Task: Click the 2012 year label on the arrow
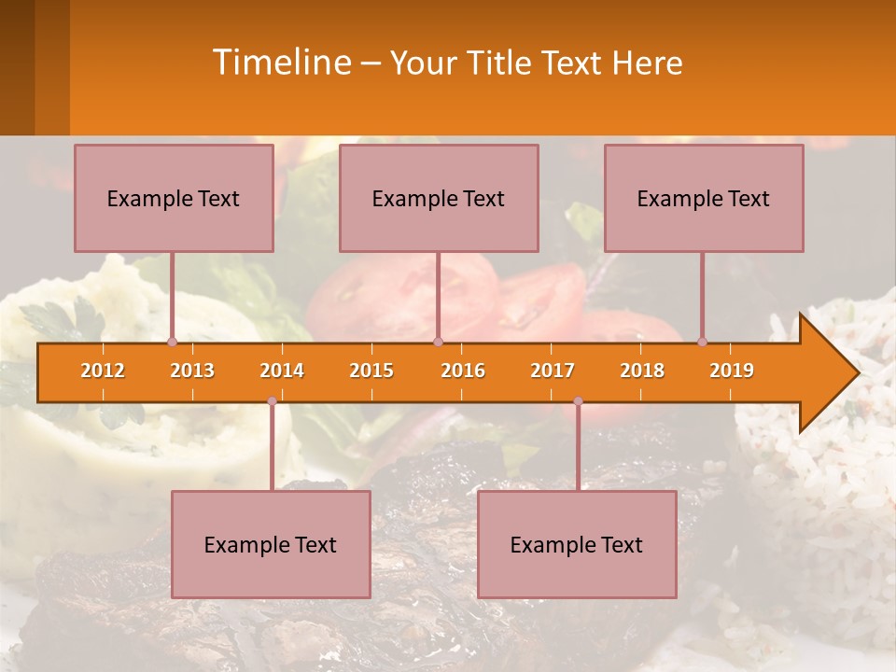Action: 103,371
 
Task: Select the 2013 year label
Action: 192,371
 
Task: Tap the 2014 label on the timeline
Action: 282,371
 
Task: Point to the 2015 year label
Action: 371,371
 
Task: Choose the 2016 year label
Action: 463,371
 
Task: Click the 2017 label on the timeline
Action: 553,371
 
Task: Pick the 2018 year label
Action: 642,371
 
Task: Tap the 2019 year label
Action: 732,371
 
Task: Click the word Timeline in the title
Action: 280,63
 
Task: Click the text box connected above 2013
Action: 174,198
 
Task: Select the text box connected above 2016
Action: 439,198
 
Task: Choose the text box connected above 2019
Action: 704,198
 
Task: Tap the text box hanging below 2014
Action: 271,544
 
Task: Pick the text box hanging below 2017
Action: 577,544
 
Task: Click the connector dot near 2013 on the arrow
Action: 172,343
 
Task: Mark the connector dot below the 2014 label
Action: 272,401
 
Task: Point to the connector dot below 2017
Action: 578,401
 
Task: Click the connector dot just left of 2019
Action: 703,343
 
